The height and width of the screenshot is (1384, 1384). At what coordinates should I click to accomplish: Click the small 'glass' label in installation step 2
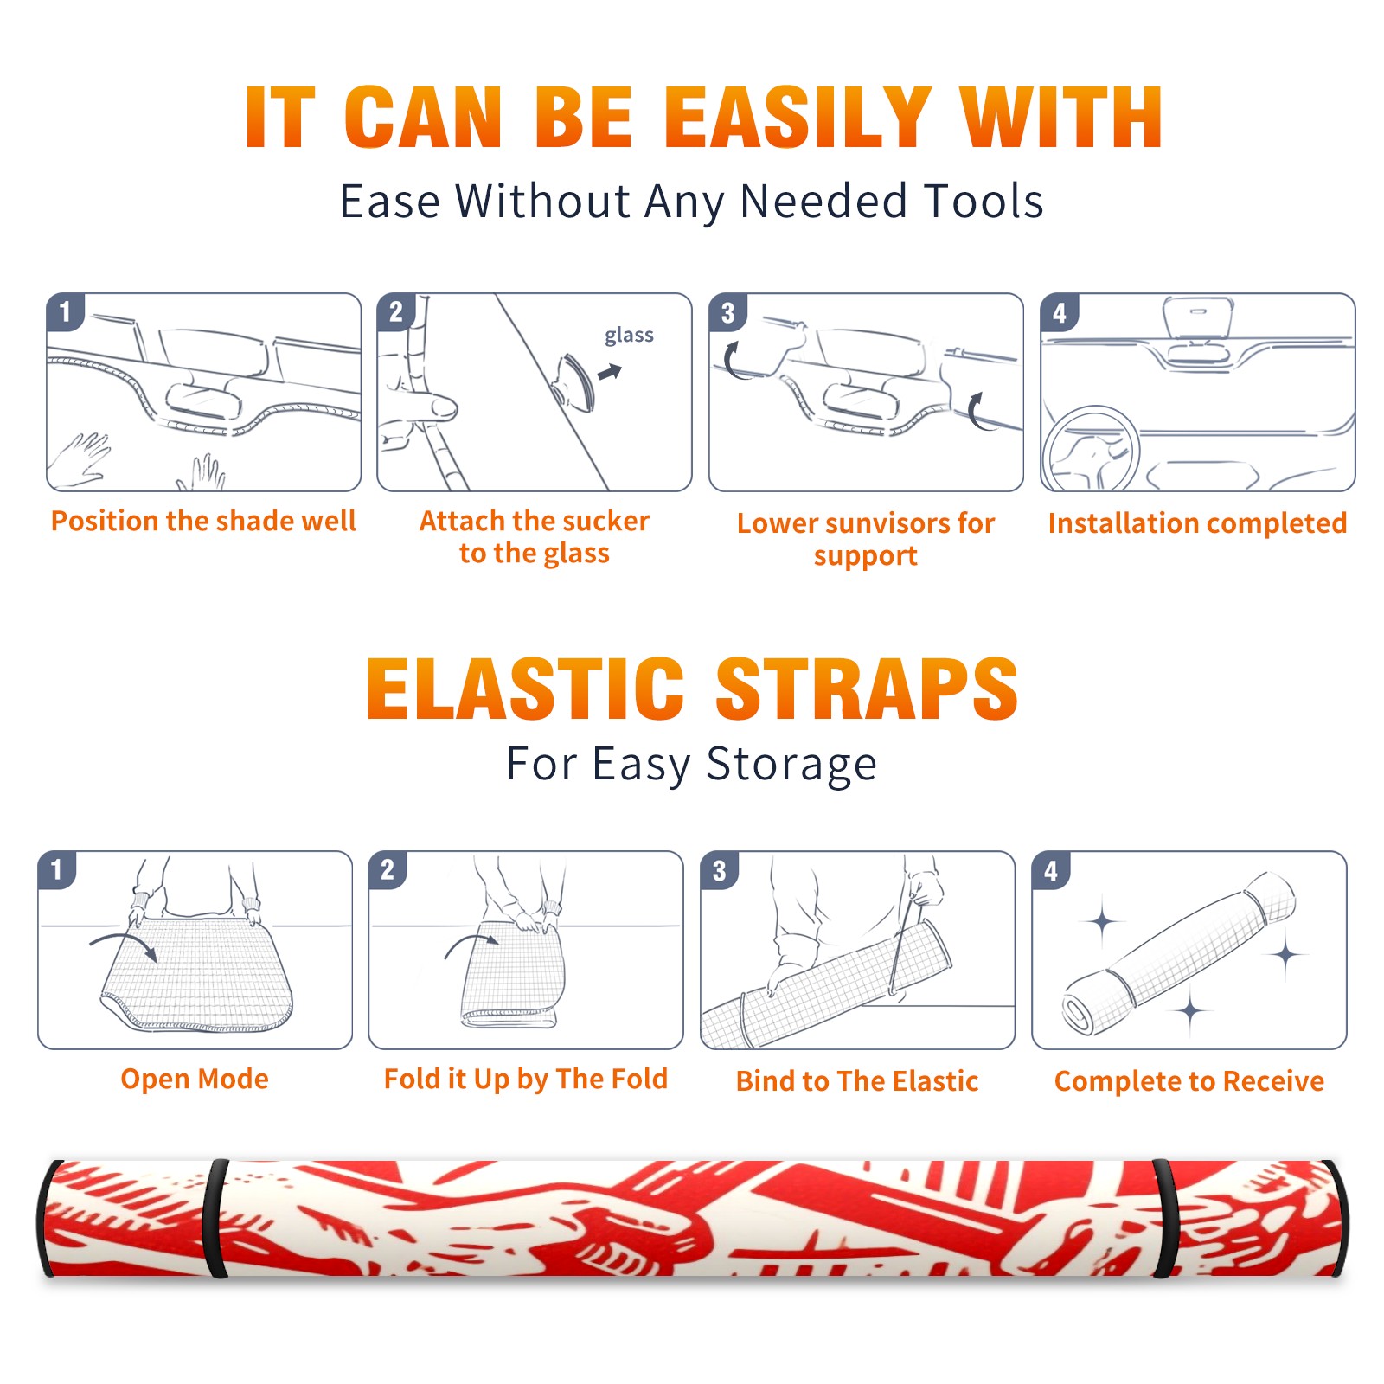(x=629, y=336)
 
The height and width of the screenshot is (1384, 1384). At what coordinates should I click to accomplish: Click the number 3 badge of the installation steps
(x=727, y=312)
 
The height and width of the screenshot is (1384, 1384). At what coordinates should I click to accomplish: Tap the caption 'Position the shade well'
(x=203, y=521)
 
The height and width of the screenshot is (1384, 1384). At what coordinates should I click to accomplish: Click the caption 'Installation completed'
(x=1197, y=522)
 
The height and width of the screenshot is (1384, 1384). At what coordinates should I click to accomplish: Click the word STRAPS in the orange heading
(x=867, y=689)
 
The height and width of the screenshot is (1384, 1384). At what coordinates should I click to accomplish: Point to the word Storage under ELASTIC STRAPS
(x=791, y=765)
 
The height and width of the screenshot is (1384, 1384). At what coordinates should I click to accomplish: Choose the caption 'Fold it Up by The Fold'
(x=526, y=1079)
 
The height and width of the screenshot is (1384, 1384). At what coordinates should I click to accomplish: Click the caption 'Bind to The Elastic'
(x=857, y=1080)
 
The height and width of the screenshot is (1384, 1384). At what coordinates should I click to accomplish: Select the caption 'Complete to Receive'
(x=1189, y=1080)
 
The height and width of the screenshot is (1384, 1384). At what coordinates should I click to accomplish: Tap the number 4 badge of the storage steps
(x=1051, y=870)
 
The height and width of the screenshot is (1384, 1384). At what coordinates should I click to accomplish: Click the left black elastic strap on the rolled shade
(x=216, y=1218)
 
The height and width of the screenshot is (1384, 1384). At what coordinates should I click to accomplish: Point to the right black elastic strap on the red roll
(x=1164, y=1218)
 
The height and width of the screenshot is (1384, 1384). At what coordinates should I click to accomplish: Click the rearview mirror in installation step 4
(x=1197, y=317)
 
